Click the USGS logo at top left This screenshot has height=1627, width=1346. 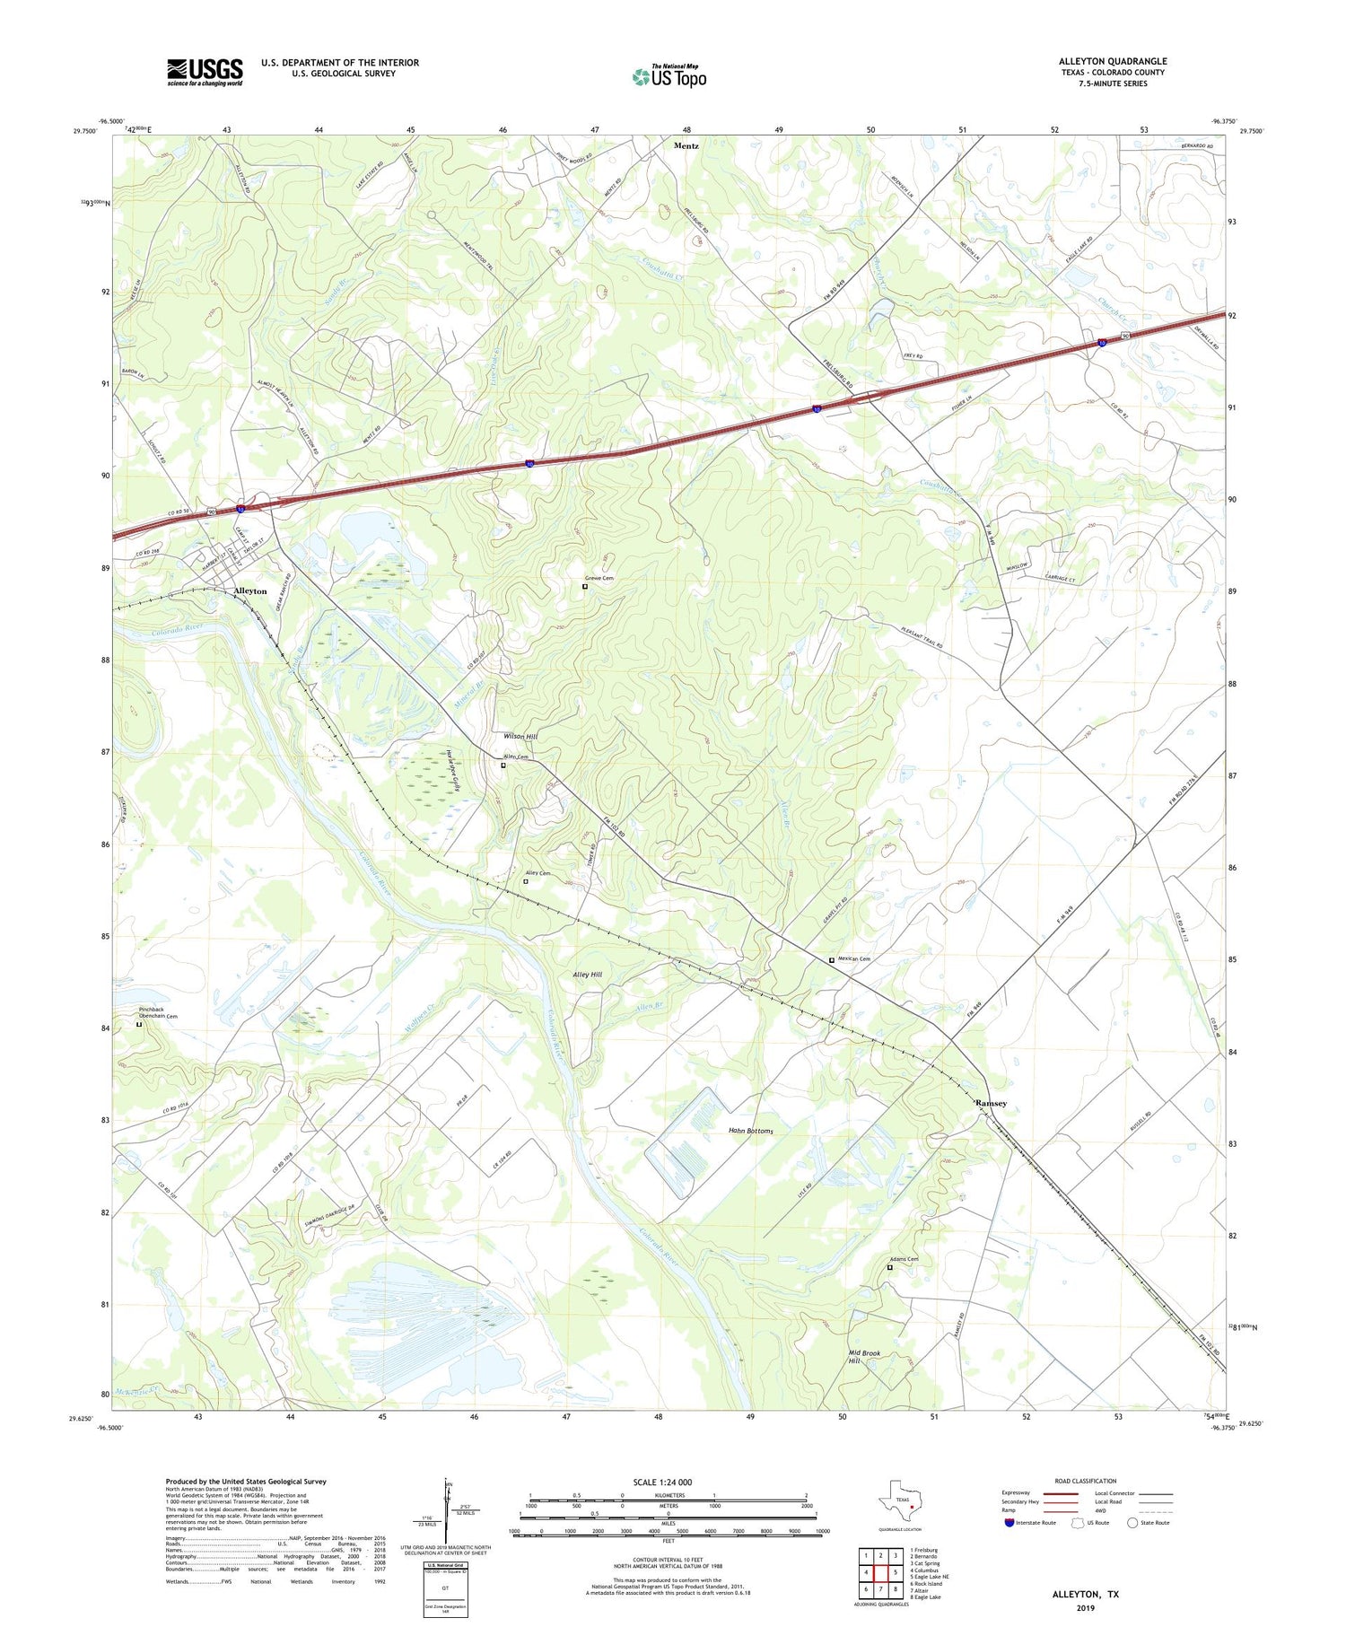[205, 72]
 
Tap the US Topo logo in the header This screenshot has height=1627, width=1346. [669, 76]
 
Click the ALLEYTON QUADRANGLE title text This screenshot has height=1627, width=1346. [1112, 61]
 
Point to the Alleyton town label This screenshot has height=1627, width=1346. [249, 591]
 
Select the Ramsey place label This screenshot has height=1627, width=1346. [992, 1103]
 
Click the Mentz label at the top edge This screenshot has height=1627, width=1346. [686, 145]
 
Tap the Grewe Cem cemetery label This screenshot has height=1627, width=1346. [599, 578]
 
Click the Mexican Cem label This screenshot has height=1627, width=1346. [854, 958]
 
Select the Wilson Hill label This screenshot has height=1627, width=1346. [520, 736]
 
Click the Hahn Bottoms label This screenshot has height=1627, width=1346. [750, 1131]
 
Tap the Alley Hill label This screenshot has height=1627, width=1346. [587, 974]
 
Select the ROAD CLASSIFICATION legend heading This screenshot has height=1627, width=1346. [1086, 1481]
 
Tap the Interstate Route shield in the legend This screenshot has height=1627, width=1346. [1010, 1523]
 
